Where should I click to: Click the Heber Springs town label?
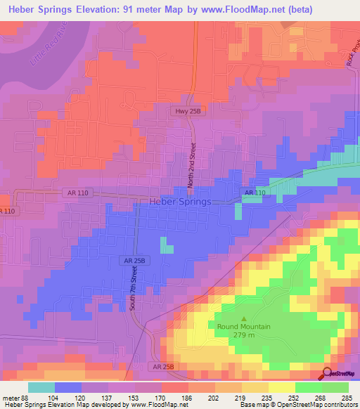pos(180,202)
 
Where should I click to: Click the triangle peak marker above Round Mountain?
pos(245,317)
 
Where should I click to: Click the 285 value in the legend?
pos(346,398)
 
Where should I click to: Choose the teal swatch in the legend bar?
pos(41,387)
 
